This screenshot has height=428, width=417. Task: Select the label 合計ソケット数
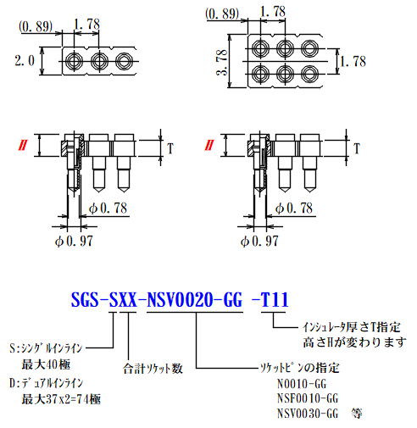click(153, 369)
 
